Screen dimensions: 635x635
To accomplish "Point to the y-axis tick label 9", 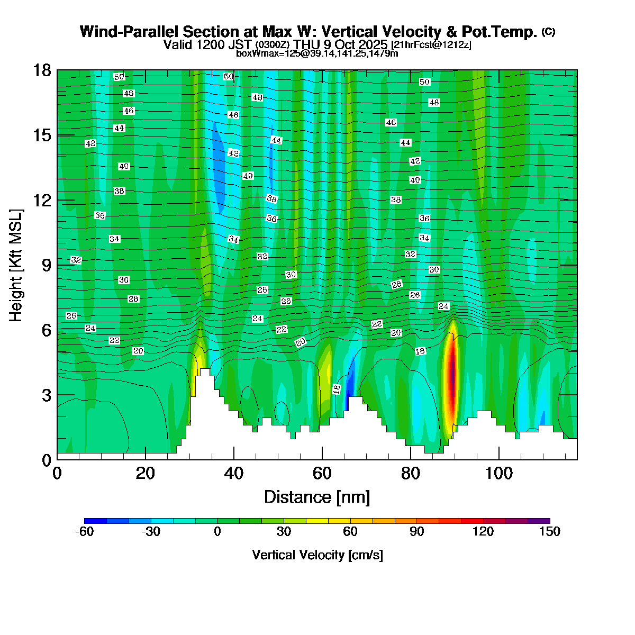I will click(x=47, y=265).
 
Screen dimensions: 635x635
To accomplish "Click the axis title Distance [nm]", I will click(x=316, y=497).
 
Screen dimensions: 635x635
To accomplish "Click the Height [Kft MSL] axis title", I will click(x=16, y=265).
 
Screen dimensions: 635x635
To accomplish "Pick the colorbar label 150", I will click(x=549, y=532).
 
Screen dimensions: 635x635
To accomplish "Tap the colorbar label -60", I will click(x=85, y=532).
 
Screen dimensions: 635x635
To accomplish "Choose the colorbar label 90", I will click(x=417, y=532).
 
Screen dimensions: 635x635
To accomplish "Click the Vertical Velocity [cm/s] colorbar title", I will click(x=317, y=555).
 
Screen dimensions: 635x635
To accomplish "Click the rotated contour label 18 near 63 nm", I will click(x=337, y=389).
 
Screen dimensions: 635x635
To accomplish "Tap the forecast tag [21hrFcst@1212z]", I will click(x=431, y=44).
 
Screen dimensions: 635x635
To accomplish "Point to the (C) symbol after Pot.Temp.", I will click(x=548, y=32).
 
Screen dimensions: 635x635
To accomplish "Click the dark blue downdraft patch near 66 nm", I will click(x=347, y=400).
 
